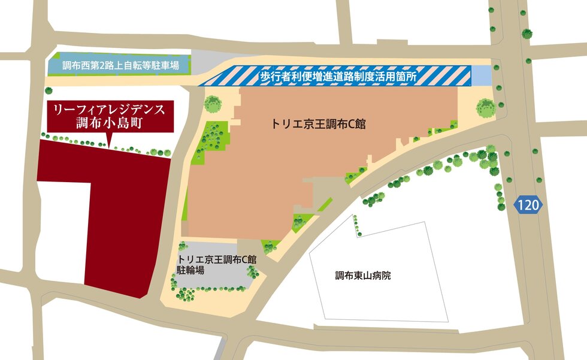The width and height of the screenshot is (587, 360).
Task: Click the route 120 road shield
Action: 528,205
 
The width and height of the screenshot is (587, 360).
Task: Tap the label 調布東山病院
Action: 363,276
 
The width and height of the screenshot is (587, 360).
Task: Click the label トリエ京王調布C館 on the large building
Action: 318,125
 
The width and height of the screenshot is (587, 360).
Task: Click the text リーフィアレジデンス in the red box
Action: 109,110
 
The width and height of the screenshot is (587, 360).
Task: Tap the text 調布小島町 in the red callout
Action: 109,124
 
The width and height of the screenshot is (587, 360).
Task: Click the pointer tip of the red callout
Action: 109,144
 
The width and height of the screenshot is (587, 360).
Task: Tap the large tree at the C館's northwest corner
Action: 213,104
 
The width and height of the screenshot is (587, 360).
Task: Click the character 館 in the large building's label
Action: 359,125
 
